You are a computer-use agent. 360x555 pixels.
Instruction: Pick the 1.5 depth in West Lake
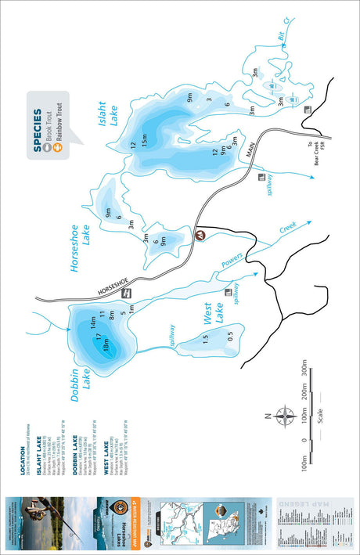[x=205, y=338]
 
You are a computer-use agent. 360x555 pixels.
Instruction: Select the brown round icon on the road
[x=200, y=235]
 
